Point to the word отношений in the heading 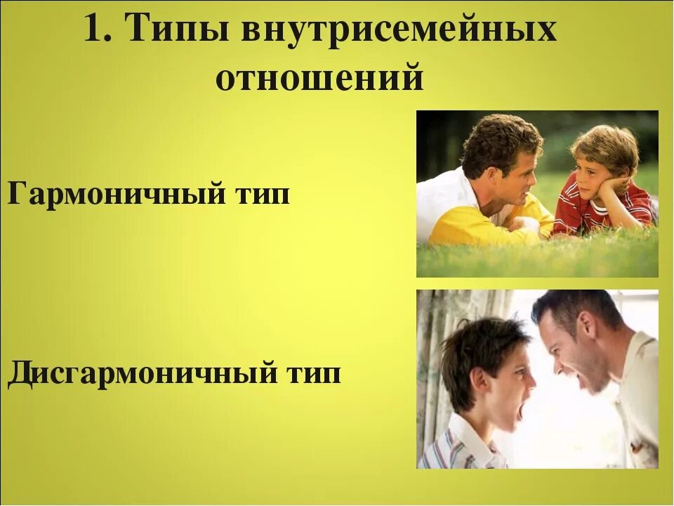click(319, 78)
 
